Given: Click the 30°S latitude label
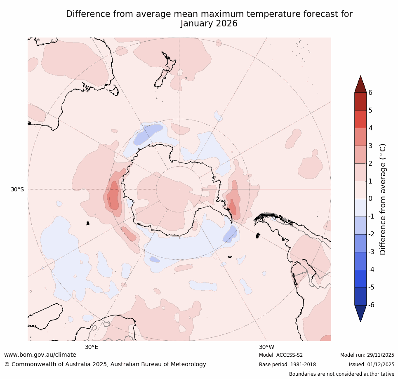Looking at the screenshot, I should [17, 189].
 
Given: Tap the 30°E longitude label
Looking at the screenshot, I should [92, 347].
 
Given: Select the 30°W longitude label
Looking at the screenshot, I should [266, 347].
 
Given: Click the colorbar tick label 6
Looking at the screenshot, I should [370, 92].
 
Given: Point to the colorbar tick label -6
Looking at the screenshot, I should [372, 305].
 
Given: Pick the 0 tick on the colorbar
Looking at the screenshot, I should [370, 199].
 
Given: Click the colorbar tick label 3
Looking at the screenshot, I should [370, 146].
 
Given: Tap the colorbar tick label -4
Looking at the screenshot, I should [372, 269].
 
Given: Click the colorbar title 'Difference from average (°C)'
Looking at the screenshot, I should [383, 199].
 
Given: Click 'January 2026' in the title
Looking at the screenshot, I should [209, 24].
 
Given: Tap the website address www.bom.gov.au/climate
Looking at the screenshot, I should [40, 355].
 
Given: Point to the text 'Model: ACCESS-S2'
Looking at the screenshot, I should [281, 355].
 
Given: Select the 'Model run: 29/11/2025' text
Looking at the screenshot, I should [367, 355].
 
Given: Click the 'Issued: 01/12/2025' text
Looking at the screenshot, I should [372, 365].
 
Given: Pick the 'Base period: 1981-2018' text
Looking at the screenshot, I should [287, 365].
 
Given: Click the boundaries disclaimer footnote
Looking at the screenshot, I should [341, 374].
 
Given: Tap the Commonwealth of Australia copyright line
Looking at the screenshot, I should [105, 364].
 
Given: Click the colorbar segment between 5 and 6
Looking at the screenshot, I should [360, 101].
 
